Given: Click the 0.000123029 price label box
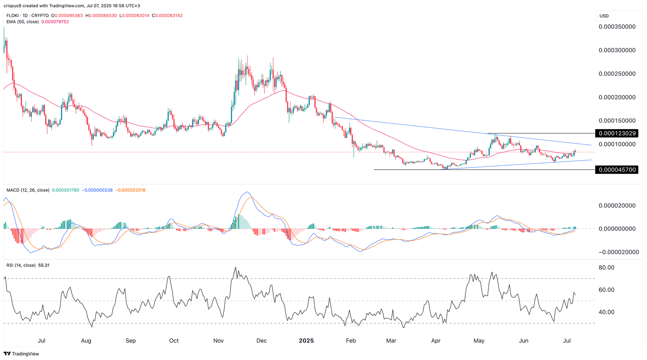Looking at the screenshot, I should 617,133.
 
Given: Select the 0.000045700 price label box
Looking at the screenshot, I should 617,170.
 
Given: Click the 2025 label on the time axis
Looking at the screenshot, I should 306,341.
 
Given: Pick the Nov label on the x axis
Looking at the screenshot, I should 218,341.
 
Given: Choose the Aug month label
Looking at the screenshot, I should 86,341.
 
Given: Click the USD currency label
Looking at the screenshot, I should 604,16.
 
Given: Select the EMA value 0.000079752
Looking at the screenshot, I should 55,22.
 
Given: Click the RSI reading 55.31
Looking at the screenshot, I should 44,265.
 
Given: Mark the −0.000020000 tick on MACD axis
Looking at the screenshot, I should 619,252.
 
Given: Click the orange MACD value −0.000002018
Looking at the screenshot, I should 130,190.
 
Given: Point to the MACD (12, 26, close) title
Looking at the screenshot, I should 27,190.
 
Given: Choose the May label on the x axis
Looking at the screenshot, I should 479,341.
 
